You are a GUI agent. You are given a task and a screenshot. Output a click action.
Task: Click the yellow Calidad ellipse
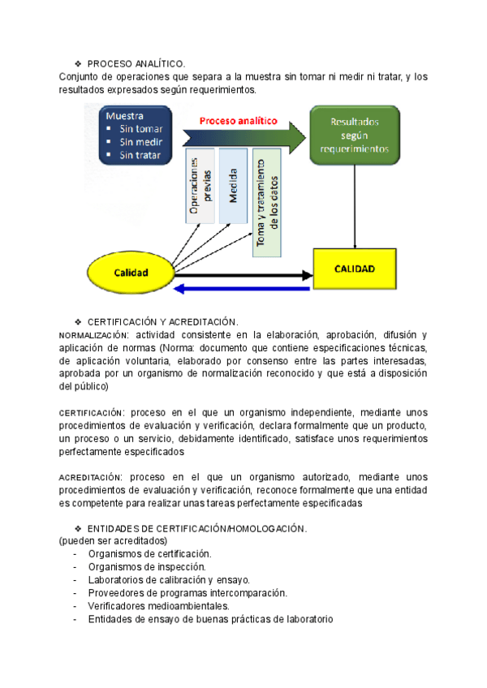131,273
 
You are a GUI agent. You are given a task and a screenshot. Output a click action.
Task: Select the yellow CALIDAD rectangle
355,268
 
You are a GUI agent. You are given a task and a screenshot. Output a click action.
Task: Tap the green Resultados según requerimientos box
354,135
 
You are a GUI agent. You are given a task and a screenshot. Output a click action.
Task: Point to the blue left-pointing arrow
243,288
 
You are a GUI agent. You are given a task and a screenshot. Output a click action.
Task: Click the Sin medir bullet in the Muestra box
140,141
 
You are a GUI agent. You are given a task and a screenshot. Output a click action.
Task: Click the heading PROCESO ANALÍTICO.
136,62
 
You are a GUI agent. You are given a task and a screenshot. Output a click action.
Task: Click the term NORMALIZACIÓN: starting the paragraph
94,335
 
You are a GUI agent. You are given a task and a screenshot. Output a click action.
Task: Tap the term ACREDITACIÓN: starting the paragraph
92,477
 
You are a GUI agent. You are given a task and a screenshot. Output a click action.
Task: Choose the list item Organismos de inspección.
147,566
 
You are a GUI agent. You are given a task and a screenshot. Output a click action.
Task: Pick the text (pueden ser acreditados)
113,540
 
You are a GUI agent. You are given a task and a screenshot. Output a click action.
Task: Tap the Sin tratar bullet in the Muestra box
140,154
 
